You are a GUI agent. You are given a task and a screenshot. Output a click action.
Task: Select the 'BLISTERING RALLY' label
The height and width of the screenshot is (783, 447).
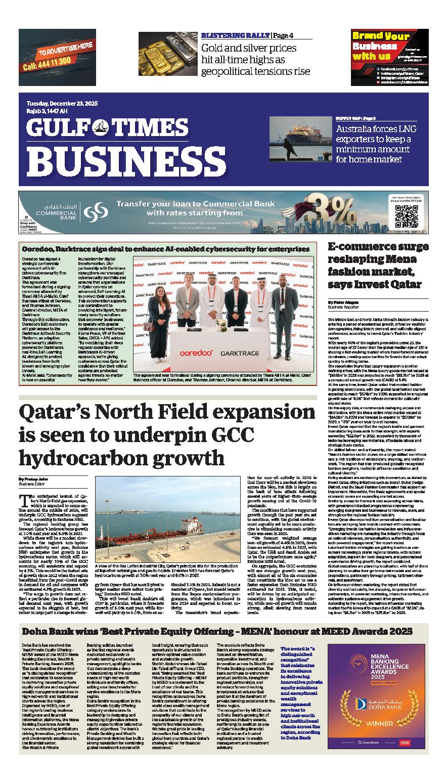coord(235,35)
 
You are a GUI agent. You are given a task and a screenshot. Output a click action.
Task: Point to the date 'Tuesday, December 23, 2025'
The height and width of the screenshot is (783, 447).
coord(62,104)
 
